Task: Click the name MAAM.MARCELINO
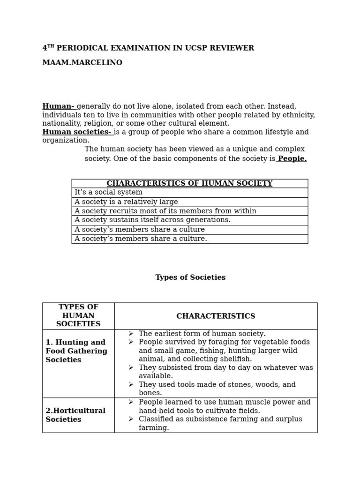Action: [82, 63]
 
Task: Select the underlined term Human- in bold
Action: [58, 106]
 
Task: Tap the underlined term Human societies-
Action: [77, 132]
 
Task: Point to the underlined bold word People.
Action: [292, 159]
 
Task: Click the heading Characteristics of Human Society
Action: [189, 183]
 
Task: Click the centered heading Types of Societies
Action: [190, 277]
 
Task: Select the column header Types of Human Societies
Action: [78, 316]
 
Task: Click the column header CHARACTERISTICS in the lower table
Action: [216, 316]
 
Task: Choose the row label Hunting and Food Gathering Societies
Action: [76, 351]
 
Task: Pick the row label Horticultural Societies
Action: [75, 415]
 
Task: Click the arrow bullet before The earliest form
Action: [131, 334]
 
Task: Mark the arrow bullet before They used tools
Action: [131, 384]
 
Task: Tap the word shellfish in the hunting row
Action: [234, 359]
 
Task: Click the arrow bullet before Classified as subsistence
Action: [131, 419]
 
